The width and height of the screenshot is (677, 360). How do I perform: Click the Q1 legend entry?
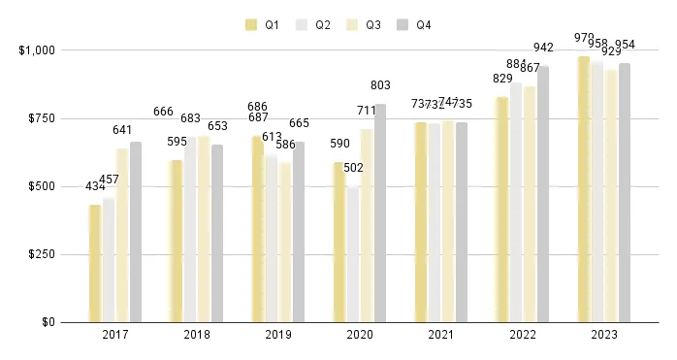click(263, 24)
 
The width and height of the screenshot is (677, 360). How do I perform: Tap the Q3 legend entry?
click(368, 24)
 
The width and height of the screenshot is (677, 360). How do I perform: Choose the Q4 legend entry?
click(420, 24)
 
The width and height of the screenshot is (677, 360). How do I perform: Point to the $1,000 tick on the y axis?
click(35, 49)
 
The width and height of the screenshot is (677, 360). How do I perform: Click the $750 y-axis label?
click(40, 118)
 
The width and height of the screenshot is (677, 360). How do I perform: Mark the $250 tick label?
click(40, 254)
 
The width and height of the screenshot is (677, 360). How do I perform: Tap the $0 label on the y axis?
click(46, 322)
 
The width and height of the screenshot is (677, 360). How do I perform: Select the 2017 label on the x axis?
click(115, 334)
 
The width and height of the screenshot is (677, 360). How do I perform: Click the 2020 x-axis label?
click(360, 334)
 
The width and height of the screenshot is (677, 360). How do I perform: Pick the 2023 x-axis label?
click(604, 334)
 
